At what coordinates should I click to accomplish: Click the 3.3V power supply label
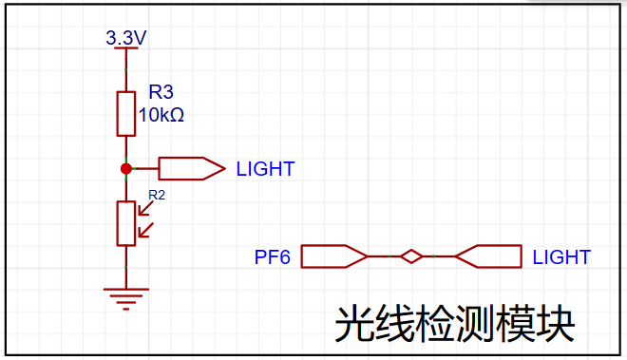point(126,38)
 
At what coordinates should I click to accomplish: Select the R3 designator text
point(161,92)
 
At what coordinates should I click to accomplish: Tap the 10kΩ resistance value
point(161,115)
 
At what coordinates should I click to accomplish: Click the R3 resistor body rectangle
point(126,114)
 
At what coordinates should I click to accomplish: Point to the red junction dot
point(126,169)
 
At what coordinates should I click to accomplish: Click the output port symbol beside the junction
point(192,168)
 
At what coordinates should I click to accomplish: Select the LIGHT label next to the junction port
point(265,169)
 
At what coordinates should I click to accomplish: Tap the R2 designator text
point(157,195)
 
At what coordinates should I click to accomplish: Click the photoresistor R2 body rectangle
point(126,223)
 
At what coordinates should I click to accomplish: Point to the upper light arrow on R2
point(145,208)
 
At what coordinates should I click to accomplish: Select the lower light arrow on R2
point(145,230)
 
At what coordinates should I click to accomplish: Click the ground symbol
point(126,299)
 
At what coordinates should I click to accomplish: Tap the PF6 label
point(273,257)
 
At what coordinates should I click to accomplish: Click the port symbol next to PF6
point(333,256)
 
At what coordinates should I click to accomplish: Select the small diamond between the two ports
point(411,256)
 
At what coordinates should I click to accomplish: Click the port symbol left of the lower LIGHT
point(488,256)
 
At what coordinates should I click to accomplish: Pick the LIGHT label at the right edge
point(561,257)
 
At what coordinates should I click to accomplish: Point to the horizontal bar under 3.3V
point(126,48)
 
